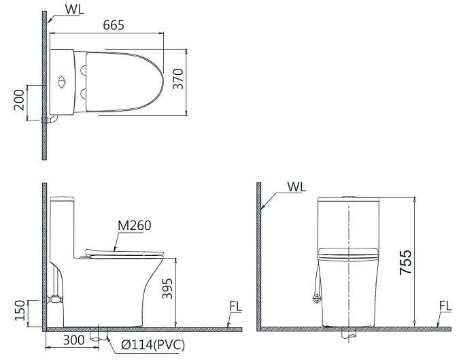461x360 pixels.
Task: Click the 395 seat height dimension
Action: coord(167,291)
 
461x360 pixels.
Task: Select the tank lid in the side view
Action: coord(63,199)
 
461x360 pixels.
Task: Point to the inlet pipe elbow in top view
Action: coord(48,120)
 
